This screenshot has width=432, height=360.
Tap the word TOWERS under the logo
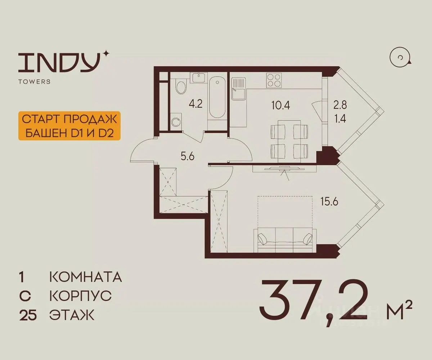34,81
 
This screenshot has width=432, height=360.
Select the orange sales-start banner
69,126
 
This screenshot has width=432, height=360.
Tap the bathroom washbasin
199,77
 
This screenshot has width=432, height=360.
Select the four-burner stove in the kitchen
274,80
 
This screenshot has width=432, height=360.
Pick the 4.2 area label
195,104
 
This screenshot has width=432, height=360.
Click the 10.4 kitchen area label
280,105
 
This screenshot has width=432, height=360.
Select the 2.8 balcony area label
340,105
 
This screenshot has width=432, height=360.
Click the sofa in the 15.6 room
285,240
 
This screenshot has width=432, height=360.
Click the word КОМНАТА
86,277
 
